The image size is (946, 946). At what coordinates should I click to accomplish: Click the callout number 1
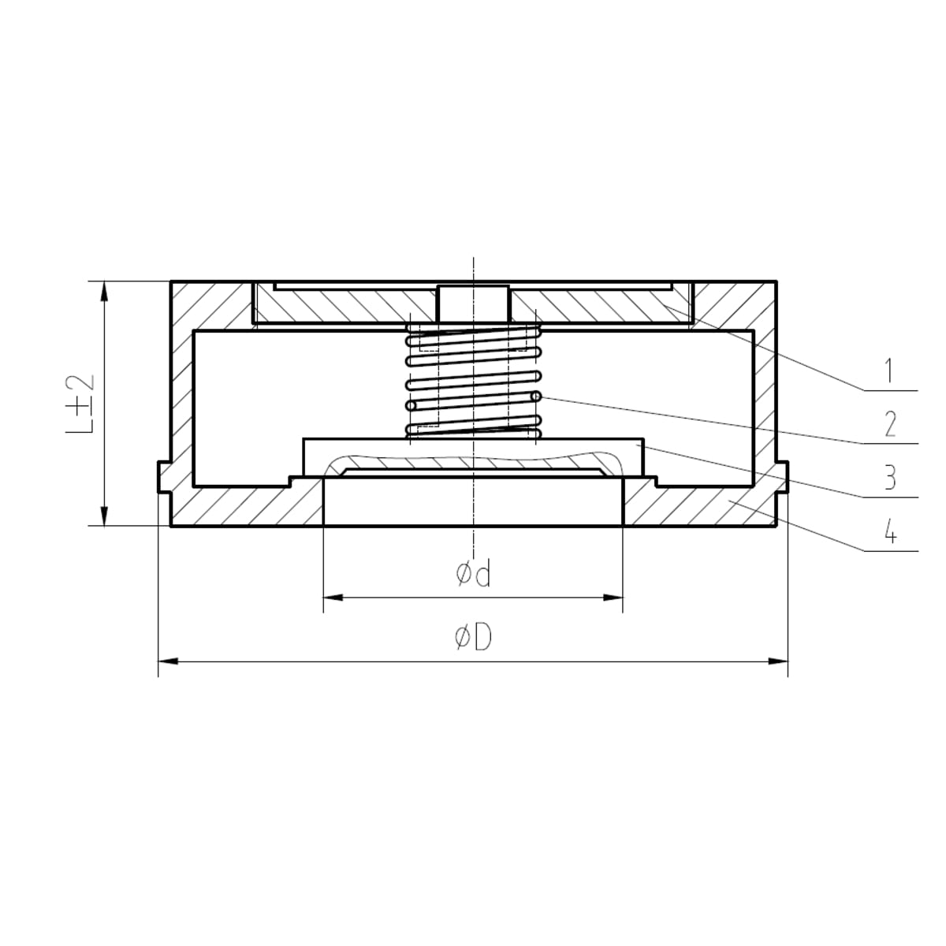888,371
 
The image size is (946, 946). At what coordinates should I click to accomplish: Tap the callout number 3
890,477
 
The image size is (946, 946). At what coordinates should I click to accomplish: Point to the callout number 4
890,531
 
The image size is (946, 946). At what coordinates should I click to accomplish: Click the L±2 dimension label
80,404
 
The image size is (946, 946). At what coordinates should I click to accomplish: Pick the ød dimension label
473,575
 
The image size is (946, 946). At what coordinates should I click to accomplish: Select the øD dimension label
473,639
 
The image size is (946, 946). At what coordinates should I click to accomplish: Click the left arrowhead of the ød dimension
333,598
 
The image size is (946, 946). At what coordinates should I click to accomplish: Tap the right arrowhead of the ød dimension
613,598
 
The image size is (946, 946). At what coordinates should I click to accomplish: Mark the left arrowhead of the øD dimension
167,661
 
